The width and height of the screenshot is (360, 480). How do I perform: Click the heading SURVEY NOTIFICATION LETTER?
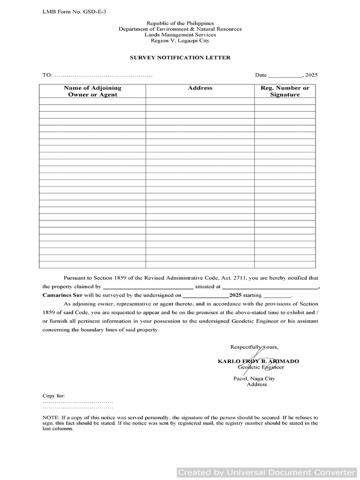pos(180,58)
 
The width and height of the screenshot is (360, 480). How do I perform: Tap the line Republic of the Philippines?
pos(180,23)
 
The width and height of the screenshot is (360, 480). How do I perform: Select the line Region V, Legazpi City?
pos(180,41)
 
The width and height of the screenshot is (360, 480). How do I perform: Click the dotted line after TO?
pos(103,75)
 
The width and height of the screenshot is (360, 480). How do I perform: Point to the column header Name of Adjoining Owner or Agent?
pos(92,91)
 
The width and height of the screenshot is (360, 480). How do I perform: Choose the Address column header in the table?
pos(200,88)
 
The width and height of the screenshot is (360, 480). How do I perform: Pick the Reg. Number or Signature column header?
pos(285,91)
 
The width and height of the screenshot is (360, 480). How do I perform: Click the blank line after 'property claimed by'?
pos(148,286)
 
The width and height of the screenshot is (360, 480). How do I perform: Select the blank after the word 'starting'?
pos(277,296)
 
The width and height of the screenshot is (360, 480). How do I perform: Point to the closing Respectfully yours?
pos(254,347)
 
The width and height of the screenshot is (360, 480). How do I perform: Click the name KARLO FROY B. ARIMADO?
pos(258,361)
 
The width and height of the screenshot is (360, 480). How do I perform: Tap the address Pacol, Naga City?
pos(254,378)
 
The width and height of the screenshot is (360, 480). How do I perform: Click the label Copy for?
pos(54,396)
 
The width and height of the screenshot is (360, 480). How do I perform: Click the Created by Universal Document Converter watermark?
pos(267,472)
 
